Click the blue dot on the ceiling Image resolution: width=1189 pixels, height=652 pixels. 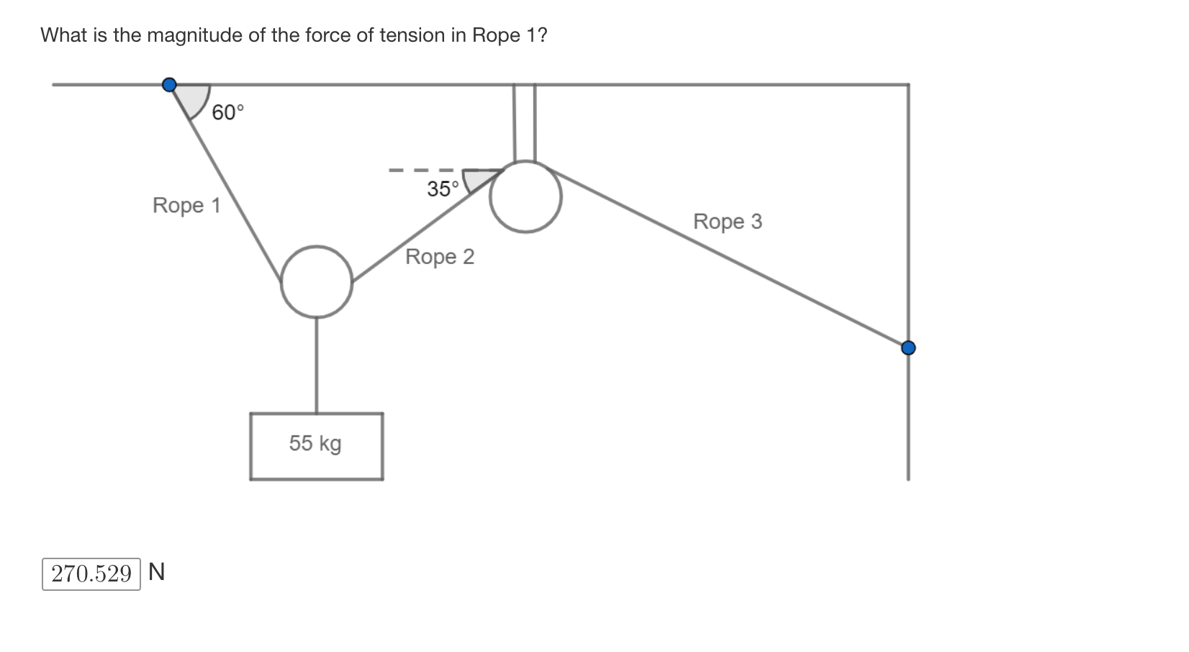pos(169,85)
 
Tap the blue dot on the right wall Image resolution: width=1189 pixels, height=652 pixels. pos(908,348)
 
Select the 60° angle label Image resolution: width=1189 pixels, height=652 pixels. pos(228,113)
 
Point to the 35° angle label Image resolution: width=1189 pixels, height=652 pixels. pos(443,189)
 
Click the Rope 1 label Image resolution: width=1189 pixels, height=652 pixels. pos(186,206)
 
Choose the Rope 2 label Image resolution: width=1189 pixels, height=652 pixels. pos(440,257)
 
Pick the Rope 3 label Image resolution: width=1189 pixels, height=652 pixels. pos(727,222)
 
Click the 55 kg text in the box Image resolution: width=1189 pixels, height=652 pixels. pos(315,443)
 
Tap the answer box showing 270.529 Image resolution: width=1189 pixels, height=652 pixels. pos(91,574)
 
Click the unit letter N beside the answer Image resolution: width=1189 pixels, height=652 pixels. pos(157,572)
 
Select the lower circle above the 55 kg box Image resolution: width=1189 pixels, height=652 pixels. pos(317,281)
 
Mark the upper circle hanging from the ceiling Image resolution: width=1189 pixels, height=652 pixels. pos(525,196)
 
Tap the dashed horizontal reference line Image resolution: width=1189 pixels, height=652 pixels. pos(421,171)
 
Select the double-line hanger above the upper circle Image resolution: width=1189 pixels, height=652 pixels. pos(524,122)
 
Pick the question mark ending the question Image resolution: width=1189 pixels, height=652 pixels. pos(542,35)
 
